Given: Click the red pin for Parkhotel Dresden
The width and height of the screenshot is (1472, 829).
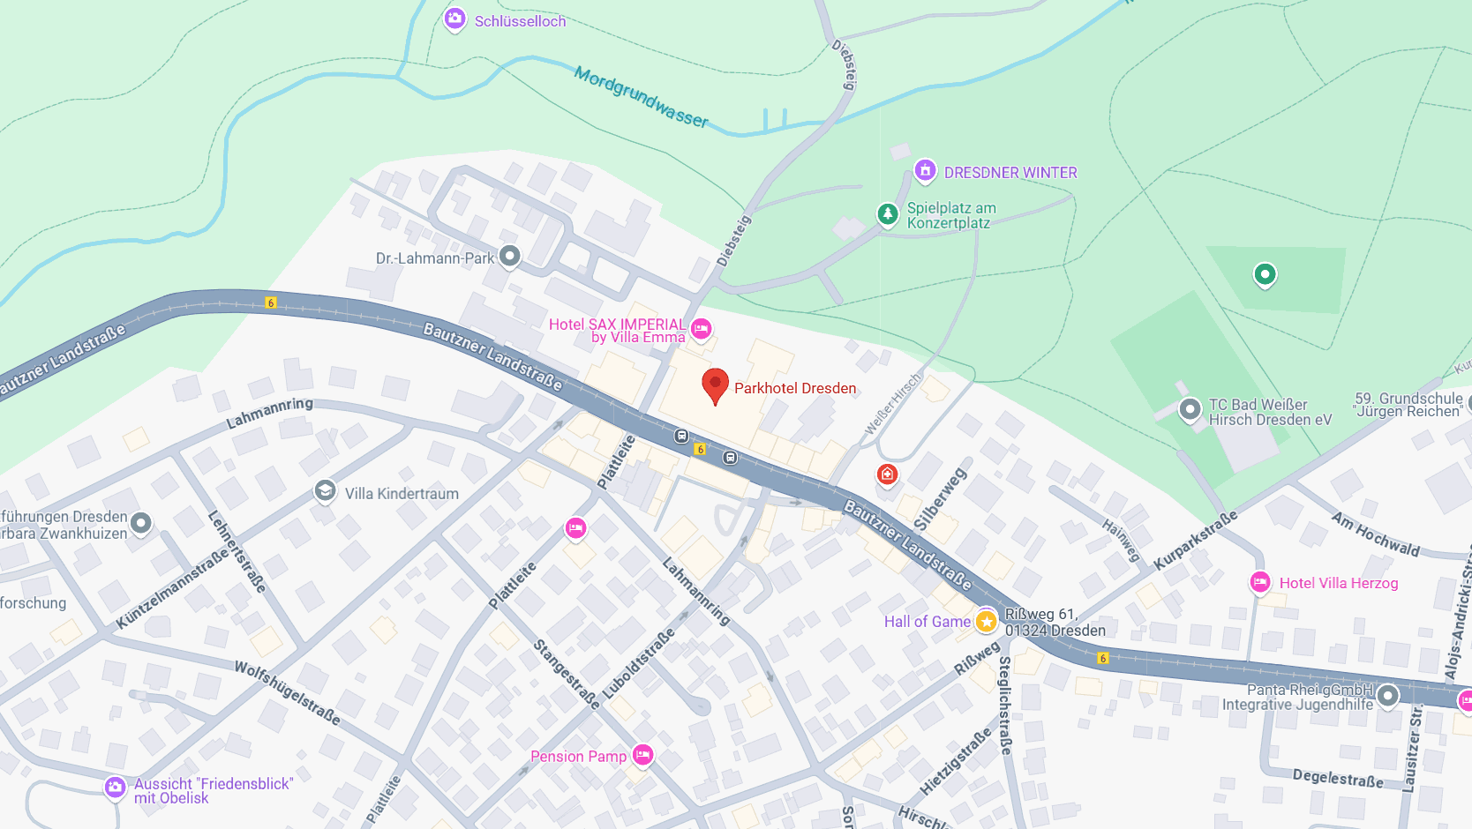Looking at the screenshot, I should point(715,385).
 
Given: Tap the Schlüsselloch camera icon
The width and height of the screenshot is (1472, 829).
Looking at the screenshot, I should point(454,19).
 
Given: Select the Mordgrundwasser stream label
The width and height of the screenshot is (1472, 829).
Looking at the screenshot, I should point(641,97).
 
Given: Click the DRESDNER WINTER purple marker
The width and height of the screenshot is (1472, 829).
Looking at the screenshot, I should point(925,170).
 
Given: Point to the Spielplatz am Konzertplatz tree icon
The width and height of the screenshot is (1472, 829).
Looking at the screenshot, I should point(887,213).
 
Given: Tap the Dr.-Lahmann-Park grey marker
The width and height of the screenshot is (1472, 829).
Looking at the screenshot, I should point(509,257).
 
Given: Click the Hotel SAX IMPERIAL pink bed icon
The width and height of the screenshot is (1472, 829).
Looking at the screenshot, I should point(702,329).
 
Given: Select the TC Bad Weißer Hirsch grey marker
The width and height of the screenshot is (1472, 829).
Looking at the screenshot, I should point(1190,409).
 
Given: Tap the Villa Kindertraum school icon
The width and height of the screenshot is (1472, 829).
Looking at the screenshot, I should point(325,490).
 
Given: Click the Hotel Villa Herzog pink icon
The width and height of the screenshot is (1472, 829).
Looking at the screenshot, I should point(1260,582).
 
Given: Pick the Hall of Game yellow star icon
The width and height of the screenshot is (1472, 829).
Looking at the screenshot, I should point(986,622).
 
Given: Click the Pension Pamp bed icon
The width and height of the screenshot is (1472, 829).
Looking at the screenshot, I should point(642,755).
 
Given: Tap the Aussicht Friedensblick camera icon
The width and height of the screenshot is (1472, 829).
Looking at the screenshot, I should point(116,787).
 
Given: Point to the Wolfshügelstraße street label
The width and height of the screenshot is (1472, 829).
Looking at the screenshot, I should point(287,693).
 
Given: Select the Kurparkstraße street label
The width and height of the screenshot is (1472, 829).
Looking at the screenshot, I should point(1195,540).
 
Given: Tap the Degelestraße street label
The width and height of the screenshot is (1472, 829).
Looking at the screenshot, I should point(1338,778).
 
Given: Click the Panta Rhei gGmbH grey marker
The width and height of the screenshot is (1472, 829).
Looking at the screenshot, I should point(1387,695).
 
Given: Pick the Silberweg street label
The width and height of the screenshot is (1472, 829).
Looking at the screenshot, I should point(940,499).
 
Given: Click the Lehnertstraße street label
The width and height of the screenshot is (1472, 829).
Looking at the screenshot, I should point(237,550).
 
